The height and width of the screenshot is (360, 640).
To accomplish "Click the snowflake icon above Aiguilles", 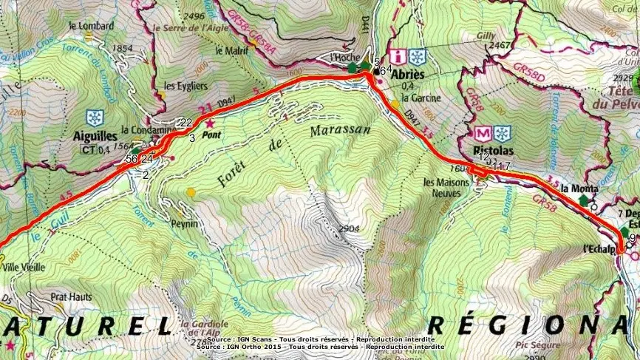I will pos(94,118).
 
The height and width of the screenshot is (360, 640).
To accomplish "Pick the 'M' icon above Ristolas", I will pos(483,134).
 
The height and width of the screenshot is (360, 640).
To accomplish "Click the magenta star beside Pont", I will pos(210,123).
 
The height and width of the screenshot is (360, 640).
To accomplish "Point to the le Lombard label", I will pos(90,25).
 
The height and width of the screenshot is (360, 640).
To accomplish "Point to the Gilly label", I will pos(486,35).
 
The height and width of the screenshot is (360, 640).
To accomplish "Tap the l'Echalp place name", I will pos(600,248).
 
